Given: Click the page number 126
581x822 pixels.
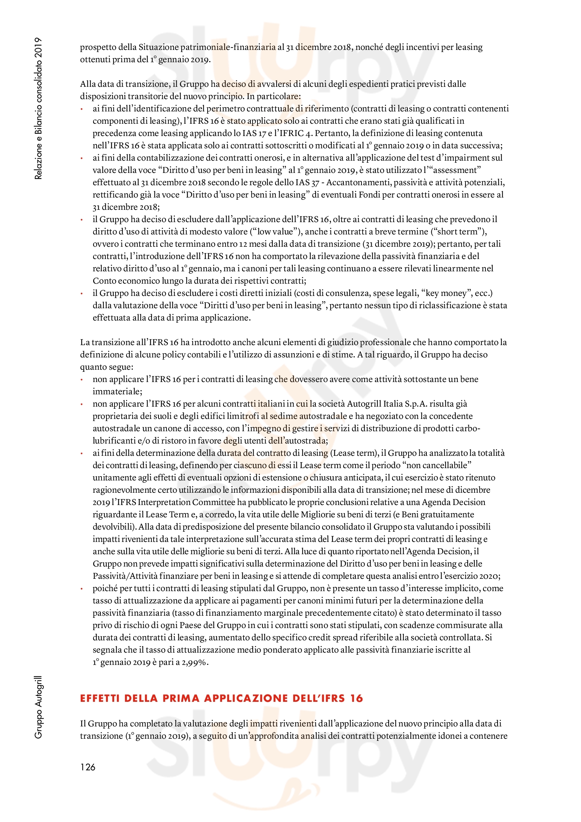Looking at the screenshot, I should click(88, 767).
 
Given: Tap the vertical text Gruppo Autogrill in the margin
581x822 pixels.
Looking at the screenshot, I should click(38, 707).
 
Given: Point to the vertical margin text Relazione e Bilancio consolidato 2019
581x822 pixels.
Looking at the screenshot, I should click(38, 108).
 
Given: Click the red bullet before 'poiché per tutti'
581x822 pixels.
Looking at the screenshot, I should click(82, 589).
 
